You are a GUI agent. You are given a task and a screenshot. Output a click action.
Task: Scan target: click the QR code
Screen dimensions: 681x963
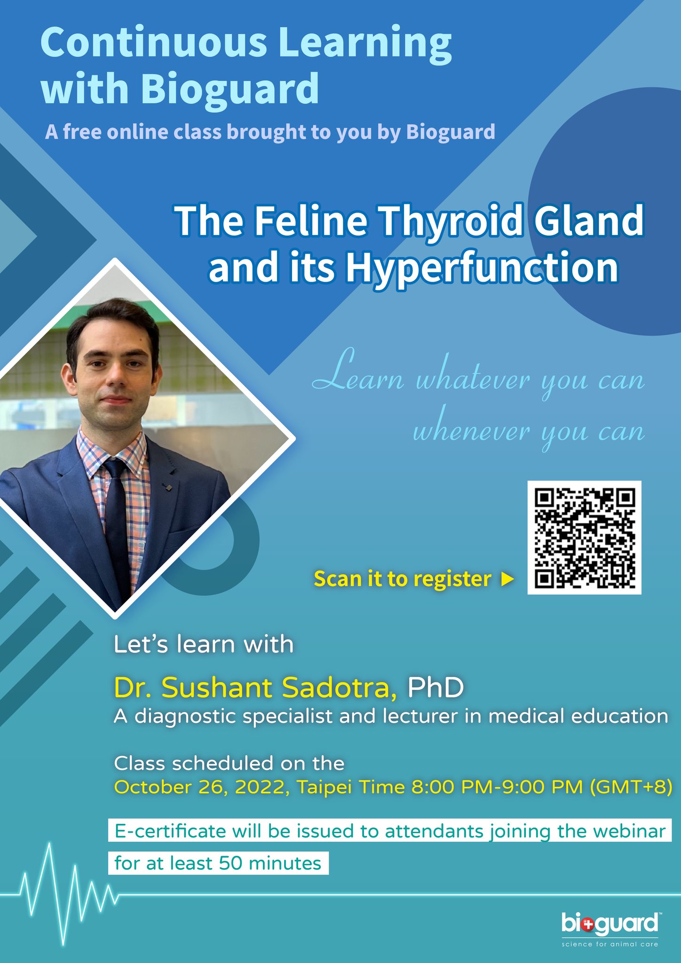(x=584, y=537)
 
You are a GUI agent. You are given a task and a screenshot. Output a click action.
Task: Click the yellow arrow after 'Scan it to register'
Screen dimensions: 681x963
(x=507, y=579)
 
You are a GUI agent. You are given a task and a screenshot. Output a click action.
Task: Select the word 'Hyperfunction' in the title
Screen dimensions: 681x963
(x=482, y=268)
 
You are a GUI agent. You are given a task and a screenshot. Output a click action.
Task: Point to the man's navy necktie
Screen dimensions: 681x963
(x=116, y=522)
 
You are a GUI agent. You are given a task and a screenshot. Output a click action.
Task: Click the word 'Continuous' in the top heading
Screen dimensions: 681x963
(x=154, y=43)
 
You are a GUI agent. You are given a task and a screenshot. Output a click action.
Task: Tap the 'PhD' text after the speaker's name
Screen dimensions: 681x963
(x=436, y=687)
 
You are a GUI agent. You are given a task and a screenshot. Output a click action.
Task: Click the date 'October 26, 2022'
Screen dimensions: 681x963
(x=202, y=787)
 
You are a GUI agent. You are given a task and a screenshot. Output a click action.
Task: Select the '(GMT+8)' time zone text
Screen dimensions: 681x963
(x=631, y=787)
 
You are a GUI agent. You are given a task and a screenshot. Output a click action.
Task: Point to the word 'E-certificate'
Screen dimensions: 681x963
(x=170, y=831)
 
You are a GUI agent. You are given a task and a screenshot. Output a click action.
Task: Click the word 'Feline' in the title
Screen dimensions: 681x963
(x=311, y=222)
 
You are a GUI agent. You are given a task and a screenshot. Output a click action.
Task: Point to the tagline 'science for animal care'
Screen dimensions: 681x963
(x=610, y=944)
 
